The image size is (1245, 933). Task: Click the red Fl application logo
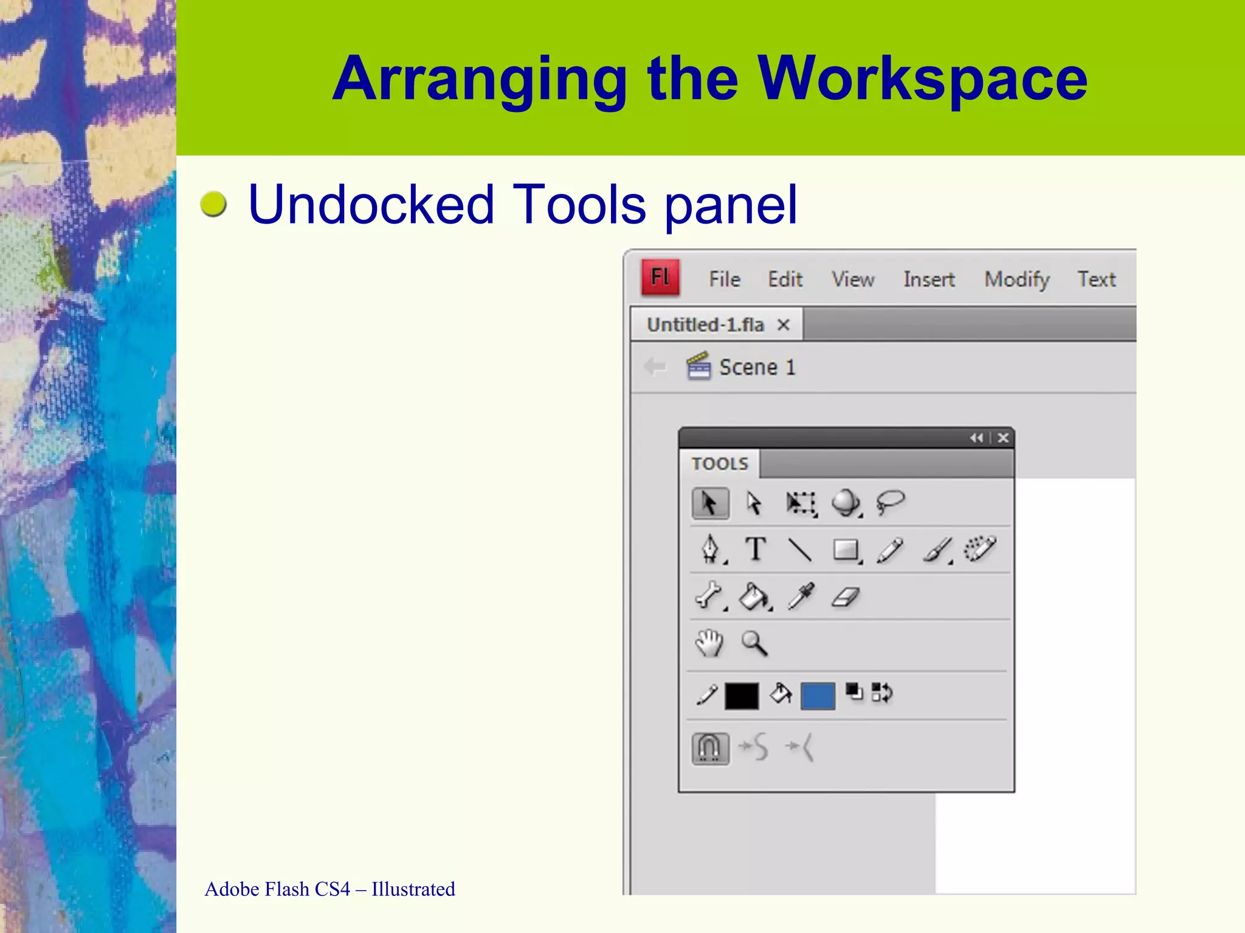point(660,278)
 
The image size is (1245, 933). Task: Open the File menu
point(725,279)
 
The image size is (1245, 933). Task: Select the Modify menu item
point(1017,279)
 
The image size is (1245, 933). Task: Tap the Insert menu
point(929,279)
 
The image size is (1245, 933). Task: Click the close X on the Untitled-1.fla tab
point(784,325)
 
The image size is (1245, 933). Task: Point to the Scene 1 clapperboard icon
point(698,366)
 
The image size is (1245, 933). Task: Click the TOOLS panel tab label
point(720,464)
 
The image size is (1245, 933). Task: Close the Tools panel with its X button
point(1003,438)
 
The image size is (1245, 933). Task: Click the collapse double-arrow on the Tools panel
point(976,438)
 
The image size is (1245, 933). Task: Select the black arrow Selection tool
point(709,504)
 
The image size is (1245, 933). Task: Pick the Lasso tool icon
point(891,503)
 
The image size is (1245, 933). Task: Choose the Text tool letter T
point(756,550)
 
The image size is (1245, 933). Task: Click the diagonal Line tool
point(800,550)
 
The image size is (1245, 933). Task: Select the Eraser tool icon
point(846,597)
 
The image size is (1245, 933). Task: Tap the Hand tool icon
point(709,643)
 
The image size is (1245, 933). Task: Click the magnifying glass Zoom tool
point(754,643)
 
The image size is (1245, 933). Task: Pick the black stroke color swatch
point(742,696)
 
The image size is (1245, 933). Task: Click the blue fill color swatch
point(818,696)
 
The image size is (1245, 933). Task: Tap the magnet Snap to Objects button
point(710,748)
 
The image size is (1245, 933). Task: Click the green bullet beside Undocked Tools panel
point(213,204)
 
